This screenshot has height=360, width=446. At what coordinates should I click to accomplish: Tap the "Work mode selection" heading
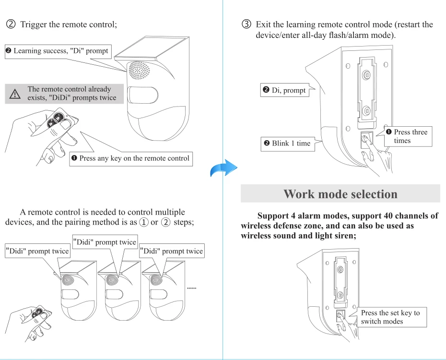pos(340,194)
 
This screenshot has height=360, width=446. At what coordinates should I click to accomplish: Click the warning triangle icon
pos(15,94)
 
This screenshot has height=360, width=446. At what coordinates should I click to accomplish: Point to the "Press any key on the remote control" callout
pos(130,158)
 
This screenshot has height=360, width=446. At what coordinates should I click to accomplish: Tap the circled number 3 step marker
pos(247,24)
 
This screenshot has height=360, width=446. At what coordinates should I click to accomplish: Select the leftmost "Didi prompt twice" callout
pos(37,251)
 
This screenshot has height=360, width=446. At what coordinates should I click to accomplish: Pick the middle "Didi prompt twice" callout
pos(105,242)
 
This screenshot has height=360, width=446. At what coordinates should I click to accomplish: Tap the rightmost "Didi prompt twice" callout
pos(171,251)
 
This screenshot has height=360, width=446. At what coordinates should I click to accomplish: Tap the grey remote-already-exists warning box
pos(64,94)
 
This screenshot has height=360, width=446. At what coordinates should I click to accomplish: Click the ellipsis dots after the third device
pos(192,289)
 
